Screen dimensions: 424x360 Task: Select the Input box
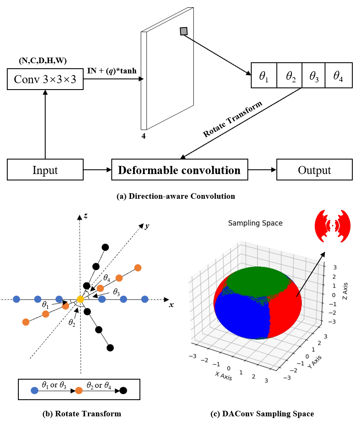tap(45, 170)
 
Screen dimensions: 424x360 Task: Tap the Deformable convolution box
tap(179, 170)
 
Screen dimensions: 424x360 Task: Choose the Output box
tap(314, 170)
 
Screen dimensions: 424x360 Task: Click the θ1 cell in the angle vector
tap(264, 76)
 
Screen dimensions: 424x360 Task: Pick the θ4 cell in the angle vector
tap(339, 76)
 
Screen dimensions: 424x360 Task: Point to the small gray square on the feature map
tap(184, 31)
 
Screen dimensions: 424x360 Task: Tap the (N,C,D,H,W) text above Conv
tap(43, 61)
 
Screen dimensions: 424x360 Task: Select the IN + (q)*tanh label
tap(111, 70)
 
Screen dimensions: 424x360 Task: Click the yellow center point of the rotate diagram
tap(80, 299)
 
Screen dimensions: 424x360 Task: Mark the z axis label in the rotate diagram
tap(86, 216)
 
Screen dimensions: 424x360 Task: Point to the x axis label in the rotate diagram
tap(171, 305)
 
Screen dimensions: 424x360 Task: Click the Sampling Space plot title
tap(255, 223)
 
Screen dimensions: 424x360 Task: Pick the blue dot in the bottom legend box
tap(35, 390)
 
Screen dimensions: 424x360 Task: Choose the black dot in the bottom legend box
tap(123, 390)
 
